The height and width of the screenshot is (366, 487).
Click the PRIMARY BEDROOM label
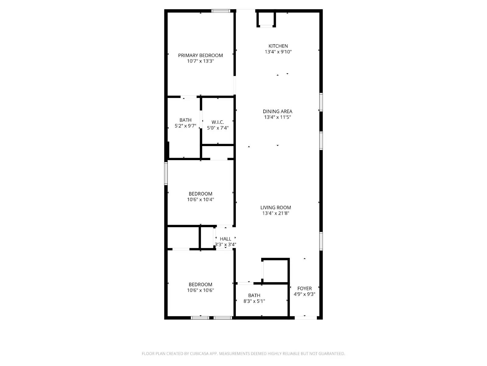point(200,55)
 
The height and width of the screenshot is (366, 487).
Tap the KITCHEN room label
point(278,46)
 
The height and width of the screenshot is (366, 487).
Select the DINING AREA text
point(278,111)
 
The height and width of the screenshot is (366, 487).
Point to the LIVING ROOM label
point(276,207)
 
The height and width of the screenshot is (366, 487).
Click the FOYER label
point(304,288)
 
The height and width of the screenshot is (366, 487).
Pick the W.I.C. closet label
point(218,122)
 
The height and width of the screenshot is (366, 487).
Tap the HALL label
point(226,239)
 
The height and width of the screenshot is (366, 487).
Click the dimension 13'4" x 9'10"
point(278,52)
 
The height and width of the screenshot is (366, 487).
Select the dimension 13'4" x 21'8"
point(276,213)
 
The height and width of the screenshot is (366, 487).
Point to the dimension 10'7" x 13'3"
point(200,61)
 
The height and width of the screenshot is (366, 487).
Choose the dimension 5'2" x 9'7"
point(185,126)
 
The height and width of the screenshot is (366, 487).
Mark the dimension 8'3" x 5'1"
point(254,301)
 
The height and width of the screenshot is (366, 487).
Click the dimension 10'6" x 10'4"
point(200,199)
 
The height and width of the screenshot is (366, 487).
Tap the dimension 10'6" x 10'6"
point(200,290)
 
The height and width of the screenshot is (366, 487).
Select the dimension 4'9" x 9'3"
point(304,294)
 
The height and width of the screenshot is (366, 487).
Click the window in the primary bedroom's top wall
point(221,11)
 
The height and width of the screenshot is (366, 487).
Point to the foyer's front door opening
point(306,318)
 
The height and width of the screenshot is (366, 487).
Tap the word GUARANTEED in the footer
point(331,353)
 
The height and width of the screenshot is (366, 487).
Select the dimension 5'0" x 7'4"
point(218,128)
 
